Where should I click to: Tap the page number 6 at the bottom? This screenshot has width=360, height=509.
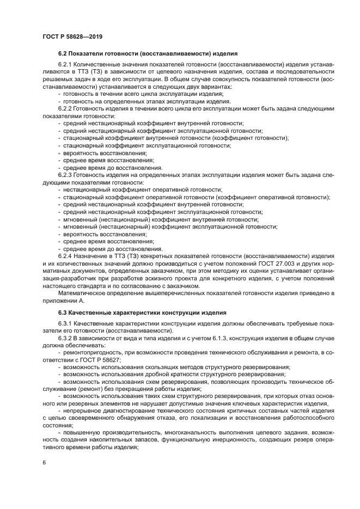tap(44, 462)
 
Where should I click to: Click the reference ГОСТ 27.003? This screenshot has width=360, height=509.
tap(254, 263)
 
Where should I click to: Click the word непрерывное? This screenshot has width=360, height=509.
tap(82, 403)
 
